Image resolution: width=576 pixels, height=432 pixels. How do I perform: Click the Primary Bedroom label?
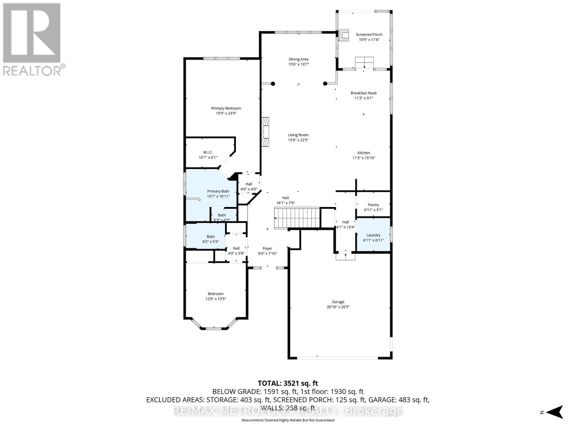pos(226,108)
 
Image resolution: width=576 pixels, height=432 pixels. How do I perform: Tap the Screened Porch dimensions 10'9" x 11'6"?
pos(369,40)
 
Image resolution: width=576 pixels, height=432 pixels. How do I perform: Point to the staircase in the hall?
pos(297,218)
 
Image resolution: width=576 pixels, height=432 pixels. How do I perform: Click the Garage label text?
pos(338,302)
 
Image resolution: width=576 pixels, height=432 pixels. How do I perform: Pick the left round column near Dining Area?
pos(273,84)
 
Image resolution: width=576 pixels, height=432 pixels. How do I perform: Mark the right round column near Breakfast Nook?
pos(325,84)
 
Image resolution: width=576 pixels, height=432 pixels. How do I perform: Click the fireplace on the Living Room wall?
pos(265,132)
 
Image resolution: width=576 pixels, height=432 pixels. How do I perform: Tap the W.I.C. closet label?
pos(208,152)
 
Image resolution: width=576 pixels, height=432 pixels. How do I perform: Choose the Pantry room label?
pos(373,205)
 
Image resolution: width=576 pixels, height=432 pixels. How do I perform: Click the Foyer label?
pos(267,248)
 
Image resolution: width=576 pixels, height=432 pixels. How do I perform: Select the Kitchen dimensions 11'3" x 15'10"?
pos(364,158)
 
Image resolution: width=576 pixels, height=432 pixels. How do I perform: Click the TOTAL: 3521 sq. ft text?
pos(288,383)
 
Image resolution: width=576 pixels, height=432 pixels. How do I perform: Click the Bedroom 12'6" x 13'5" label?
pos(215,296)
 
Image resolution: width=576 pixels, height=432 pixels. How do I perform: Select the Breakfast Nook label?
pos(364,93)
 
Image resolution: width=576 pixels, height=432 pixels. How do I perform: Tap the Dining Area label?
pos(298,59)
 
